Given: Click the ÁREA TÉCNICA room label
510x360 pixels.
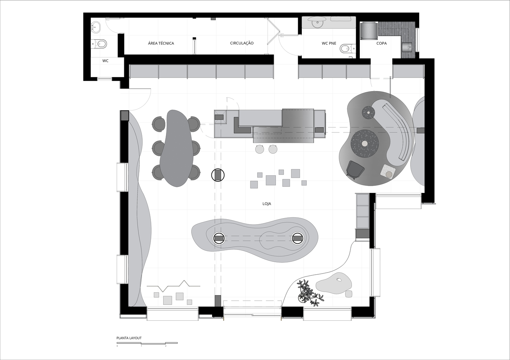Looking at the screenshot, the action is click(161, 43).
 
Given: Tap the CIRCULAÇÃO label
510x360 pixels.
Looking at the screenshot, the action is click(242, 43).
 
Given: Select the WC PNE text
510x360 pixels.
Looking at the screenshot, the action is click(329, 43).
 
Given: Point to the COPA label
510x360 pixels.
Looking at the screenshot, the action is click(381, 43).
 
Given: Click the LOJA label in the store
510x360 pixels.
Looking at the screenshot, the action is click(267, 204).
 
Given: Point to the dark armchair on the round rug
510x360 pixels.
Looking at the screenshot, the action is click(355, 170).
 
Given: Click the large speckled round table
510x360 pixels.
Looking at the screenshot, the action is click(365, 143).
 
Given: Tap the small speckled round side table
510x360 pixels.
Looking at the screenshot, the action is click(368, 112).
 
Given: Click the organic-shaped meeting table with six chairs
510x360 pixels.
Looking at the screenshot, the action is click(176, 148).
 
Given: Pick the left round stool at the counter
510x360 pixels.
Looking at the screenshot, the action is click(260, 149).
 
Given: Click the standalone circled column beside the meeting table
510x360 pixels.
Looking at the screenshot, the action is click(218, 175).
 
